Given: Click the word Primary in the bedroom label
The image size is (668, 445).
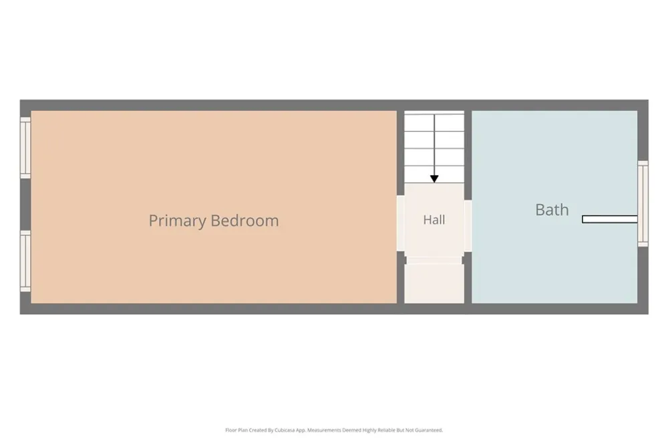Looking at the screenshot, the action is point(177,220).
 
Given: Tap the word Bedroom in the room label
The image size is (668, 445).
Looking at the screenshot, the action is point(244,220).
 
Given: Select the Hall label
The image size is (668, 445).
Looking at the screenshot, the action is point(434,220).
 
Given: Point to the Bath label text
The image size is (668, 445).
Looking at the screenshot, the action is point(552,210).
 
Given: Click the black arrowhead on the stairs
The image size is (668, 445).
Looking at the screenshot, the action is point(434,179).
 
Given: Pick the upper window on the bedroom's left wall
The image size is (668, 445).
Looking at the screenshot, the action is point(25,148).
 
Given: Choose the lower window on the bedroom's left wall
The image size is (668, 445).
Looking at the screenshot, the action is point(25,261).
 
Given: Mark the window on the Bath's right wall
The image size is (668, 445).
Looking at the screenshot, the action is point(643,204).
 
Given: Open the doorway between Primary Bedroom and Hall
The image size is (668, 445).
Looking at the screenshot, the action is point(400,223).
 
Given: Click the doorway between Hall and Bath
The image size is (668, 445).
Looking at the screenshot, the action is point(468,226).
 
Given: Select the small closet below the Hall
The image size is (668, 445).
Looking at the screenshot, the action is point(434,283).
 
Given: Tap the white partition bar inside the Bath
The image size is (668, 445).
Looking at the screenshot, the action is point(610,219).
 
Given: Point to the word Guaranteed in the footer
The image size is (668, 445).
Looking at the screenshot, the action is point(429,430).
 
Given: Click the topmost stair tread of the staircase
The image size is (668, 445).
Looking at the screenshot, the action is point(434,123).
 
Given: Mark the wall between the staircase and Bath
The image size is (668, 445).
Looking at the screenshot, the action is point(468,156).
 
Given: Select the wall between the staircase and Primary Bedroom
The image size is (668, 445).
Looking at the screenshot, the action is point(400,153).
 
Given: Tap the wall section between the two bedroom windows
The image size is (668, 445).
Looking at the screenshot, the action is point(25,204).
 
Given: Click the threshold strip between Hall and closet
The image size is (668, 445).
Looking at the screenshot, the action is point(434,260).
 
